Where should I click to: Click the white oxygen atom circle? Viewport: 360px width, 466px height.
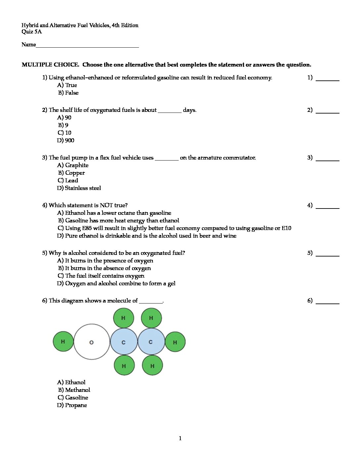(x=92, y=342)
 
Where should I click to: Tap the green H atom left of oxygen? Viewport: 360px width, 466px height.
(x=63, y=342)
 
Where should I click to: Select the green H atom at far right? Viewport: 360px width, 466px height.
(x=175, y=342)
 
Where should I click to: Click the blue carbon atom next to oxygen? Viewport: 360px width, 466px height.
(x=123, y=342)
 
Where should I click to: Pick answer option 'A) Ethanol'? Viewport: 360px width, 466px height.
(x=71, y=382)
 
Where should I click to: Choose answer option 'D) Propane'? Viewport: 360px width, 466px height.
(x=72, y=405)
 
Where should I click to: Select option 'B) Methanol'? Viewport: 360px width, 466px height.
(x=74, y=390)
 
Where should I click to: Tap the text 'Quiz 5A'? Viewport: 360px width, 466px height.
(x=32, y=32)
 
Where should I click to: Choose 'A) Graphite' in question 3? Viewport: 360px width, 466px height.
(x=73, y=165)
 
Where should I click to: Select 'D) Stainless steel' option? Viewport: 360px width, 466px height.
(x=79, y=188)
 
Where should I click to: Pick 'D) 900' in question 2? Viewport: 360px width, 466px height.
(x=66, y=140)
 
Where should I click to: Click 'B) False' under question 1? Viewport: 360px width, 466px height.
(x=68, y=93)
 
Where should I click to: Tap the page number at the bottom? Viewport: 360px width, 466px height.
(x=180, y=439)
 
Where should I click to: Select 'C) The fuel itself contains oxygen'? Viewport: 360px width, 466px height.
(x=101, y=276)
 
